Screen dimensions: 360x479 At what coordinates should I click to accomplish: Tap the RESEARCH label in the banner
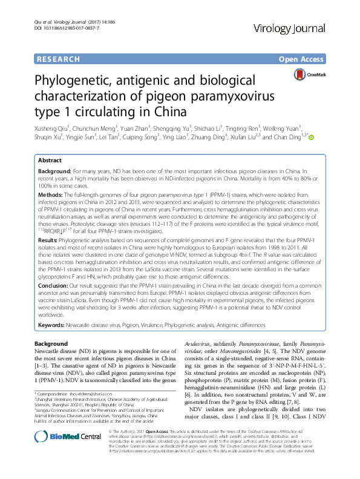pos(58,59)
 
